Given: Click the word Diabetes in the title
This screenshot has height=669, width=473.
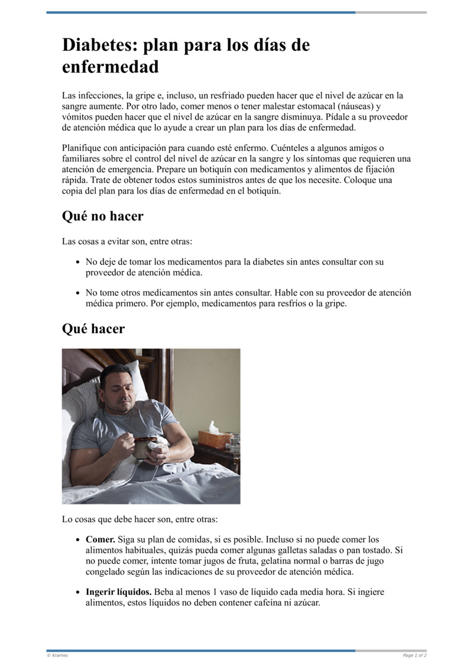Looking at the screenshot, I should coord(98,45).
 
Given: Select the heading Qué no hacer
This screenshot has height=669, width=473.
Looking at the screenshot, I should coord(102,216).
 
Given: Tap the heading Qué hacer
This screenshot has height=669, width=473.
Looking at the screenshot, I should coord(93,329).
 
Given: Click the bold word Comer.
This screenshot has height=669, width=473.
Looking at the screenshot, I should coord(101,539).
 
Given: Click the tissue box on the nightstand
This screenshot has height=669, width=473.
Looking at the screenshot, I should coord(214,437).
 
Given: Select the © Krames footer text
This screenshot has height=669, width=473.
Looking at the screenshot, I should coord(57,655).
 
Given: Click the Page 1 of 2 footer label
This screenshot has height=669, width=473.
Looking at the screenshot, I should coord(414,655).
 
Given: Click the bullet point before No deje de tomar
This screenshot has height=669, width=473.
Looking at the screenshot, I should coord(78,262).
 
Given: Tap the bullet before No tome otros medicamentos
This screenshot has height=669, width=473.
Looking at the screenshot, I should coord(78,293).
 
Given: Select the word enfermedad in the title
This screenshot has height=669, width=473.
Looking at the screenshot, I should coord(111,67).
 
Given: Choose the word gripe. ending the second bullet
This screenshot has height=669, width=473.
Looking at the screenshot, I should coord(333,304).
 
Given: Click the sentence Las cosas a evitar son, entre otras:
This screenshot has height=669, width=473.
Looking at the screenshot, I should coord(127,242).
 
